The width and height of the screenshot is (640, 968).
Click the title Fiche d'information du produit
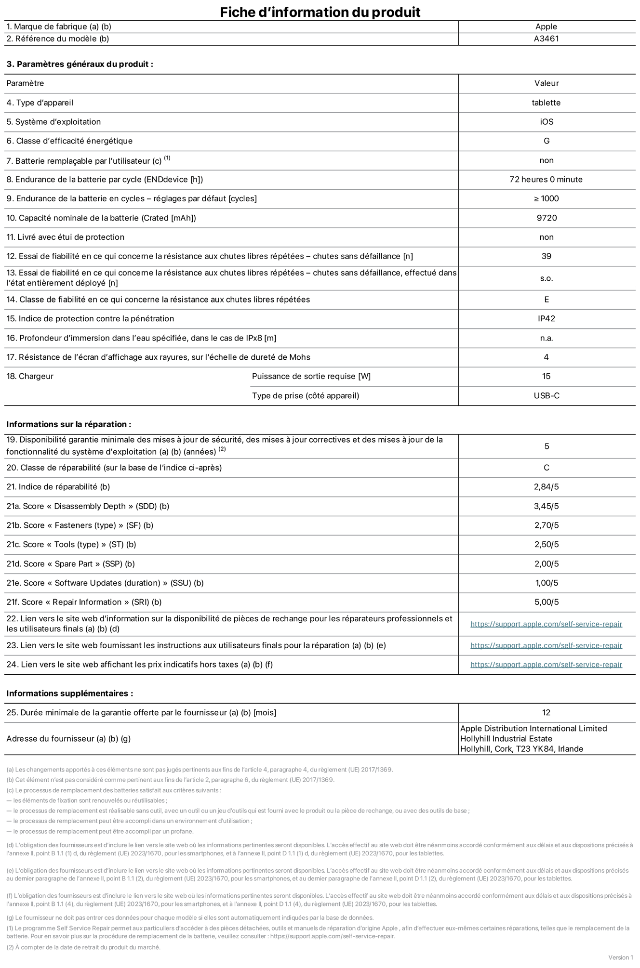320,12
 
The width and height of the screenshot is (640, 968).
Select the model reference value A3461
546,39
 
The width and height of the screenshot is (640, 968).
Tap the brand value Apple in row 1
546,27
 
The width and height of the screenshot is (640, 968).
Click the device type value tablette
546,103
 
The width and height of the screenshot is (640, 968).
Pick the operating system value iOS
547,122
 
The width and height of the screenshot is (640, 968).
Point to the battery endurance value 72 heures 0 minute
546,180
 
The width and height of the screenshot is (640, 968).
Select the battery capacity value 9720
547,218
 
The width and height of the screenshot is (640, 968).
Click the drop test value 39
546,256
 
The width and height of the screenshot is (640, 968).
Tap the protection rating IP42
547,319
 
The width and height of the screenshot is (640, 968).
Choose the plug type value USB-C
547,396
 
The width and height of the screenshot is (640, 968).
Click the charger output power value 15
546,377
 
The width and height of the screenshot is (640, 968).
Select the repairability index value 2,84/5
546,487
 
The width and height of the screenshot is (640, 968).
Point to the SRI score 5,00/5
547,602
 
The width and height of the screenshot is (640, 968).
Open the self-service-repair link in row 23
546,645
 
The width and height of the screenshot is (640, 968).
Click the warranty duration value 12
546,713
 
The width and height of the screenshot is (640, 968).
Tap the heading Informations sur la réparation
68,424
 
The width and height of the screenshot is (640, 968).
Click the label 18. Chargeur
30,377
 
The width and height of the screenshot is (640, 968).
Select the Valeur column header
547,83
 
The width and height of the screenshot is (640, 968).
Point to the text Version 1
620,957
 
